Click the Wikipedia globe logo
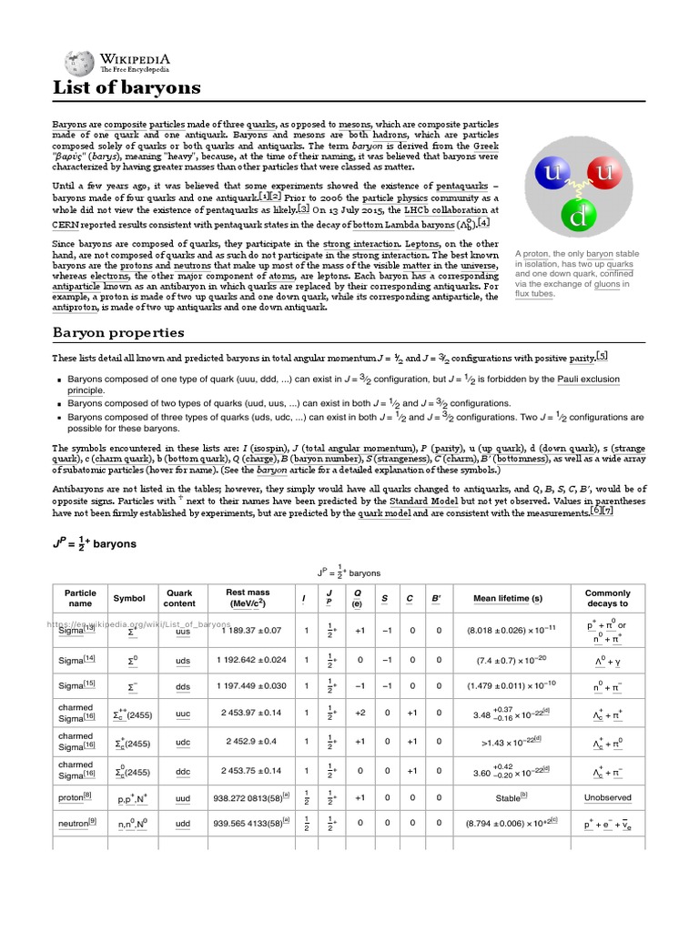[80, 62]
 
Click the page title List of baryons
[127, 88]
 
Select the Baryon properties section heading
[117, 332]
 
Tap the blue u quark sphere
[552, 172]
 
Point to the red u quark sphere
[602, 172]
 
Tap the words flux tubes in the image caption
[534, 294]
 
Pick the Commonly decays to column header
[607, 598]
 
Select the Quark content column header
[179, 598]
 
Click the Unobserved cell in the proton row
[607, 797]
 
